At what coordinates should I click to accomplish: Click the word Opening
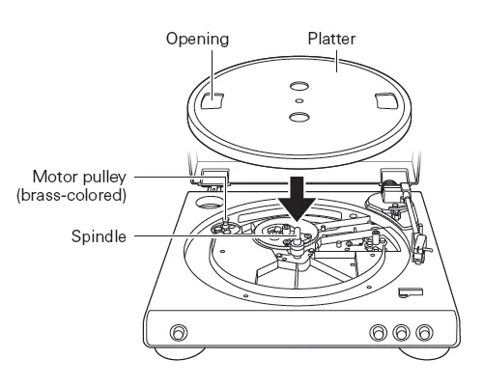pyautogui.click(x=197, y=40)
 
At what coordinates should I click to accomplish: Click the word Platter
pyautogui.click(x=331, y=39)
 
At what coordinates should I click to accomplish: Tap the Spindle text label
pyautogui.click(x=99, y=236)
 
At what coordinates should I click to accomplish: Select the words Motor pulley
pyautogui.click(x=79, y=178)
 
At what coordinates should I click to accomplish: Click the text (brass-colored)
pyautogui.click(x=71, y=195)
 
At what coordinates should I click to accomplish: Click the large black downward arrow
pyautogui.click(x=297, y=199)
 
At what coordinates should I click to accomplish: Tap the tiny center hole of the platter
pyautogui.click(x=299, y=101)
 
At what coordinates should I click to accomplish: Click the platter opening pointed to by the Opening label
pyautogui.click(x=213, y=100)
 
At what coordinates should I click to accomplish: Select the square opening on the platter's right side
pyautogui.click(x=385, y=101)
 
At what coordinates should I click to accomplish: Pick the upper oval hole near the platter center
pyautogui.click(x=299, y=86)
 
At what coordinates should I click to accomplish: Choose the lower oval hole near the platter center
pyautogui.click(x=299, y=117)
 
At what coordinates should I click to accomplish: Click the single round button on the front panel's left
pyautogui.click(x=178, y=332)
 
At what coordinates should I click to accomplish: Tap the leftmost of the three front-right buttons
pyautogui.click(x=378, y=332)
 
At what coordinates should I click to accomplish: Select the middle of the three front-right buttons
pyautogui.click(x=401, y=332)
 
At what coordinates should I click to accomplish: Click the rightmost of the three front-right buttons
pyautogui.click(x=424, y=332)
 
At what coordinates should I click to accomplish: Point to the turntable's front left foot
pyautogui.click(x=180, y=353)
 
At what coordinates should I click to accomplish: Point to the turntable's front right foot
pyautogui.click(x=424, y=353)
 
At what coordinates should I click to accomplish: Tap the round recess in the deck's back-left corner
pyautogui.click(x=210, y=203)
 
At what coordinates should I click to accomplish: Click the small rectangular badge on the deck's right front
pyautogui.click(x=411, y=292)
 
